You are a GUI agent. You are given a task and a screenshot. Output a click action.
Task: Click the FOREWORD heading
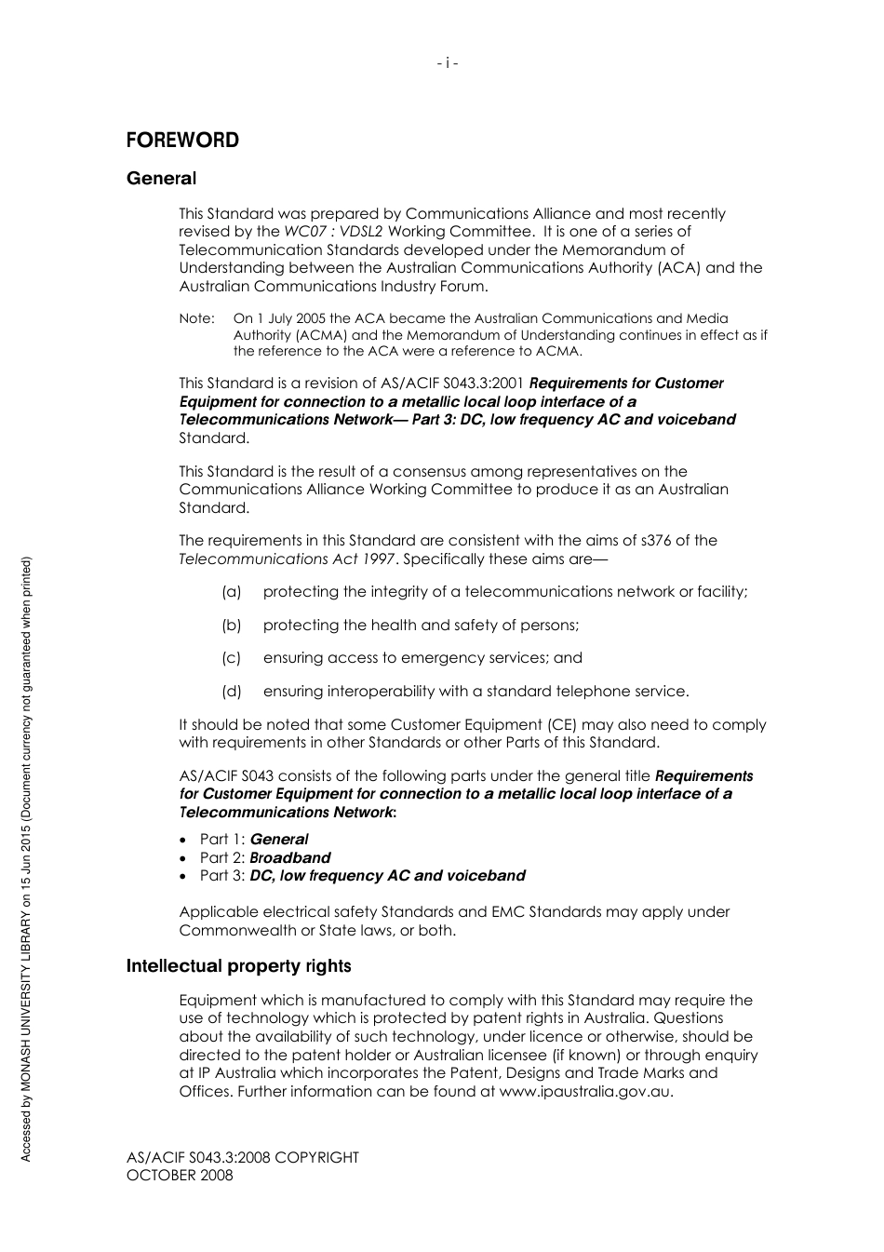pos(182,141)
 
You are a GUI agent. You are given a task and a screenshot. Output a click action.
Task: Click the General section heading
pos(161,179)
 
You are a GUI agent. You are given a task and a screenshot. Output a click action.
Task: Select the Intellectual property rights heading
pos(238,966)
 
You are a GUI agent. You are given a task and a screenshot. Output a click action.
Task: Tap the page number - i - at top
pos(448,63)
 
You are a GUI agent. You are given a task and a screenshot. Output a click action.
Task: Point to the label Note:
pos(196,319)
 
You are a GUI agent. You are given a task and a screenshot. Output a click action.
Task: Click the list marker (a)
pos(231,592)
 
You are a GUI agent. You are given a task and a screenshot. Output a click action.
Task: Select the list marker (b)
pos(231,626)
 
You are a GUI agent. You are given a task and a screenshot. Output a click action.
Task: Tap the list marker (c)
pos(231,658)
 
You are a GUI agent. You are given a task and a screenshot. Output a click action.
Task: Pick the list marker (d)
pos(231,692)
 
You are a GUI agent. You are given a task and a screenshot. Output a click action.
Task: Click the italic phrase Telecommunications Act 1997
pos(288,559)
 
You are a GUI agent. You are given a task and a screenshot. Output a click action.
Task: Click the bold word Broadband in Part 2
pos(289,858)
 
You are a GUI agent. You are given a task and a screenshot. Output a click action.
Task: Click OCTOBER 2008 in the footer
pos(180,1176)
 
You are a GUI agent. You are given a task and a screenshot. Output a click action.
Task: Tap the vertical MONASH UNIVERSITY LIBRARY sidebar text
pos(26,977)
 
